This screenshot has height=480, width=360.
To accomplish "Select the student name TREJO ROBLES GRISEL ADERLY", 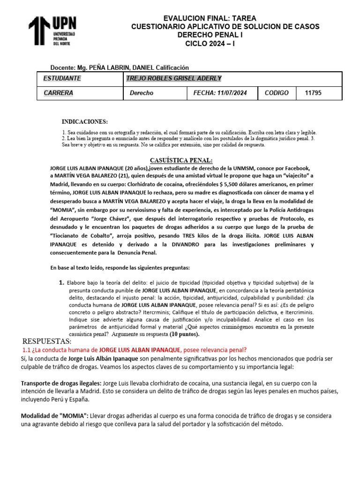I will click(x=174, y=78).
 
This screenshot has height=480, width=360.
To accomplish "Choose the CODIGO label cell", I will click(x=277, y=93).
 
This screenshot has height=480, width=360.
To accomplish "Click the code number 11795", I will click(x=313, y=93).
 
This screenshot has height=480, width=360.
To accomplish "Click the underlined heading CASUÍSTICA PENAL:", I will click(x=181, y=160).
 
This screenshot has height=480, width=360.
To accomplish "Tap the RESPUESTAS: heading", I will click(x=47, y=341).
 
